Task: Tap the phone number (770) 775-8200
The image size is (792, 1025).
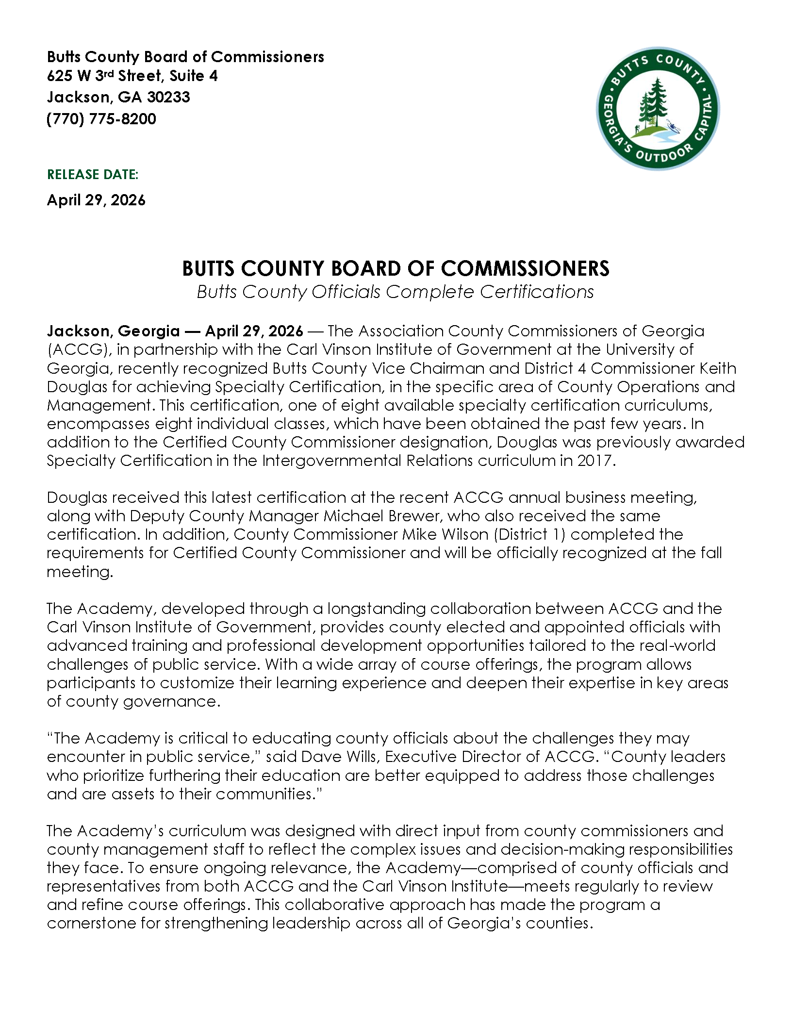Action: coord(101,119)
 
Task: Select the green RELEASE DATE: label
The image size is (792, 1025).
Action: coord(93,175)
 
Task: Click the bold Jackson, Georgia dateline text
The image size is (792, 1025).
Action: coord(113,331)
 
